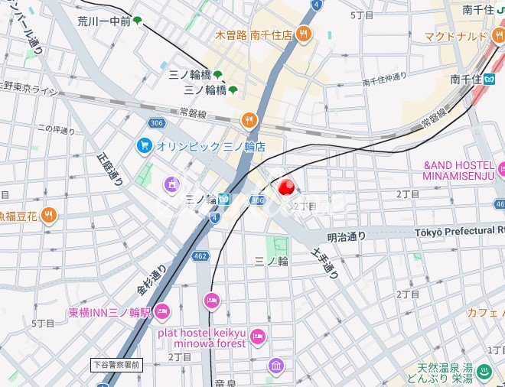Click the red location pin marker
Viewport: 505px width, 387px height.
[288, 187]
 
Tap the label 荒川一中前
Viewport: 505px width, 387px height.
[103, 21]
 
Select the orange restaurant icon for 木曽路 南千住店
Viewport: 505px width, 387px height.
[304, 34]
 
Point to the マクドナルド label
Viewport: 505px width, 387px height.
[456, 36]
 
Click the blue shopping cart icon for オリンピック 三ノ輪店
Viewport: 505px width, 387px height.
[143, 145]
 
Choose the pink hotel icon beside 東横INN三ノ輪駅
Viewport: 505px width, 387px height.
[161, 311]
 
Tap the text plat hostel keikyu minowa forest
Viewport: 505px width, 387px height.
[201, 337]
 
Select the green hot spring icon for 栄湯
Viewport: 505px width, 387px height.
[484, 372]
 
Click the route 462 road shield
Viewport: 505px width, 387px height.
[200, 256]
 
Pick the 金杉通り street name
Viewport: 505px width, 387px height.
[151, 281]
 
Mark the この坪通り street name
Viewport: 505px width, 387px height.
[56, 130]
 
